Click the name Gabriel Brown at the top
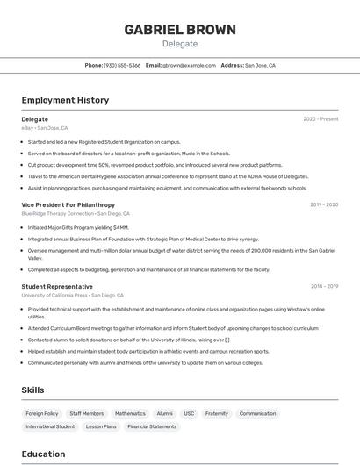(x=180, y=30)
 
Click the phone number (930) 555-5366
(x=122, y=65)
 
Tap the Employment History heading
(x=65, y=100)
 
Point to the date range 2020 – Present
(x=320, y=119)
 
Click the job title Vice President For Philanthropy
(x=68, y=204)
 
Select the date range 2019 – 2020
(x=324, y=204)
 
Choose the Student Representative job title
(x=57, y=287)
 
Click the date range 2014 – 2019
(x=324, y=287)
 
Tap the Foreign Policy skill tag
(x=42, y=413)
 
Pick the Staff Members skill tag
(x=87, y=413)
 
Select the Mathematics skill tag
(x=130, y=413)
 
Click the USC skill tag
(x=189, y=413)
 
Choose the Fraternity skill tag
(x=217, y=413)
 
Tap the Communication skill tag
(x=257, y=413)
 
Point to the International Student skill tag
(x=50, y=426)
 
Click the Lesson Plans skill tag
(x=101, y=426)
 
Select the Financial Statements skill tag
(x=152, y=426)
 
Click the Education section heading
(x=43, y=454)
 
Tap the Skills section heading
(x=33, y=390)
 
